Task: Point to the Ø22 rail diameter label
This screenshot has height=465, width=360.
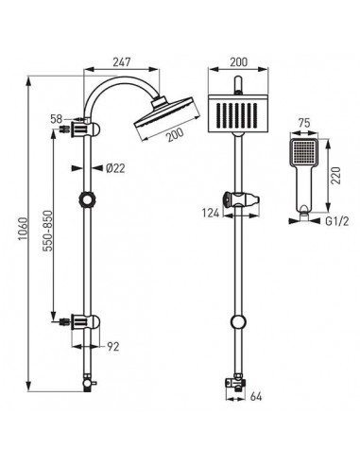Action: (115, 169)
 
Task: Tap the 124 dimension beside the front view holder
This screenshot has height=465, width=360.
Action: (211, 215)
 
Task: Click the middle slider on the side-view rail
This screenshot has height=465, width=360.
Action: (91, 201)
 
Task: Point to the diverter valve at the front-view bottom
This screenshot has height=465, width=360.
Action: (231, 384)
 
